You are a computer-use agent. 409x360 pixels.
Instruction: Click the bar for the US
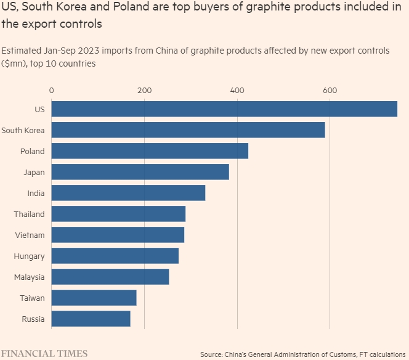224,109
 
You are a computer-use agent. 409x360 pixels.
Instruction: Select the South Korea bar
188,130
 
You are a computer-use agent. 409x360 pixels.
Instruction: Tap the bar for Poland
150,151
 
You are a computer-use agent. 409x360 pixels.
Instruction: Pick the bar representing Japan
140,172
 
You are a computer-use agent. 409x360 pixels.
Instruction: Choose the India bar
128,193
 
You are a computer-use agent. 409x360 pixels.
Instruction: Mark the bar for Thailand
118,214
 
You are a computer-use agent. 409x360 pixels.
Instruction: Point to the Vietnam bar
118,235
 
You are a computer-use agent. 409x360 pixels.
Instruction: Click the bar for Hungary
115,256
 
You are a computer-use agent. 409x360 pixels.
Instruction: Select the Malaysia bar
110,277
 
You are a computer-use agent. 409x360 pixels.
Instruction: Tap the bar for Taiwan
94,298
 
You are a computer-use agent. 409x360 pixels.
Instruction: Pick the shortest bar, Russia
91,319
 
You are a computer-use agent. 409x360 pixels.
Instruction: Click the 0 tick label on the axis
51,91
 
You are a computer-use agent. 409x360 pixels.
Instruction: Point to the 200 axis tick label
144,91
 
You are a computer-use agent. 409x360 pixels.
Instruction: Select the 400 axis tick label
237,91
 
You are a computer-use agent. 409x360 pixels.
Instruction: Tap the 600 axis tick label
330,91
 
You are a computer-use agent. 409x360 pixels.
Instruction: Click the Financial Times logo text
44,354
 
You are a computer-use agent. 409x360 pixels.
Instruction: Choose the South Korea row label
23,130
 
